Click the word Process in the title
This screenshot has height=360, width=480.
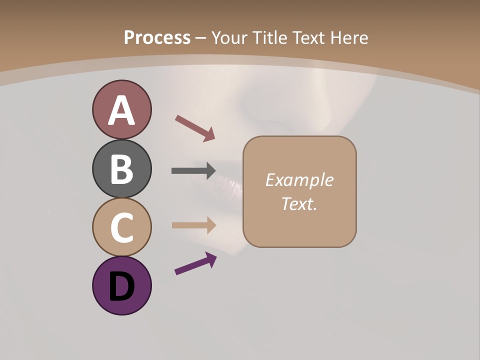[157, 38]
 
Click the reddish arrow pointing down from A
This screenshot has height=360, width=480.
[195, 128]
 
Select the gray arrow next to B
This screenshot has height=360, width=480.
[193, 170]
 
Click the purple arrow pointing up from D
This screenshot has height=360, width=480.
[195, 263]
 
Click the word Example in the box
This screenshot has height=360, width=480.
[299, 180]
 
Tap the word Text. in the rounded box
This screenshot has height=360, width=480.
[299, 203]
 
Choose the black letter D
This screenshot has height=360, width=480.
[121, 287]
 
